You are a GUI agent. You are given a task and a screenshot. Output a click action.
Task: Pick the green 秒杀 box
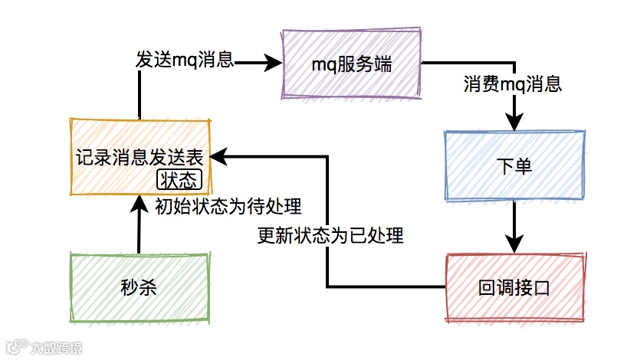click(x=139, y=287)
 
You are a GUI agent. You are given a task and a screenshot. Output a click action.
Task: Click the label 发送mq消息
click(x=185, y=60)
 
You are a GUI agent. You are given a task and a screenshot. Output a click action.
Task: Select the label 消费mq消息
click(x=513, y=83)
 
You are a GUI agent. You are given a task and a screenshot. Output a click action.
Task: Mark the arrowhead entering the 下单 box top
click(x=514, y=123)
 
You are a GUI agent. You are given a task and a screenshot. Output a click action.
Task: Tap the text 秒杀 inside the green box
click(x=139, y=287)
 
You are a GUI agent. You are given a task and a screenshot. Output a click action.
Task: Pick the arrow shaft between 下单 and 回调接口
click(x=514, y=221)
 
